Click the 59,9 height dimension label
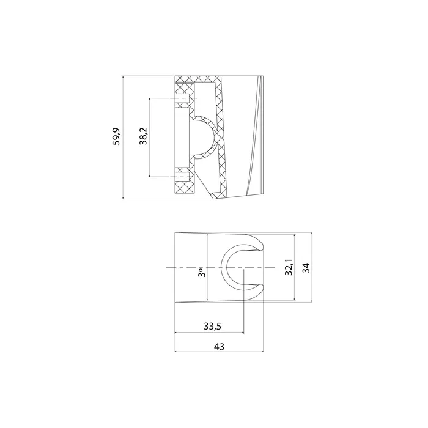tap(116, 137)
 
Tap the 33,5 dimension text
tap(210, 327)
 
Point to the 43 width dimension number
tap(219, 346)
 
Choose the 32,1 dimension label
tap(287, 267)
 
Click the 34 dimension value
tap(306, 267)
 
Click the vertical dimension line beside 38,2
tap(150, 137)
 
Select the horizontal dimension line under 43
tap(219, 352)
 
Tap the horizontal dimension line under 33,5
tap(210, 333)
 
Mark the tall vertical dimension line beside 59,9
tap(124, 137)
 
